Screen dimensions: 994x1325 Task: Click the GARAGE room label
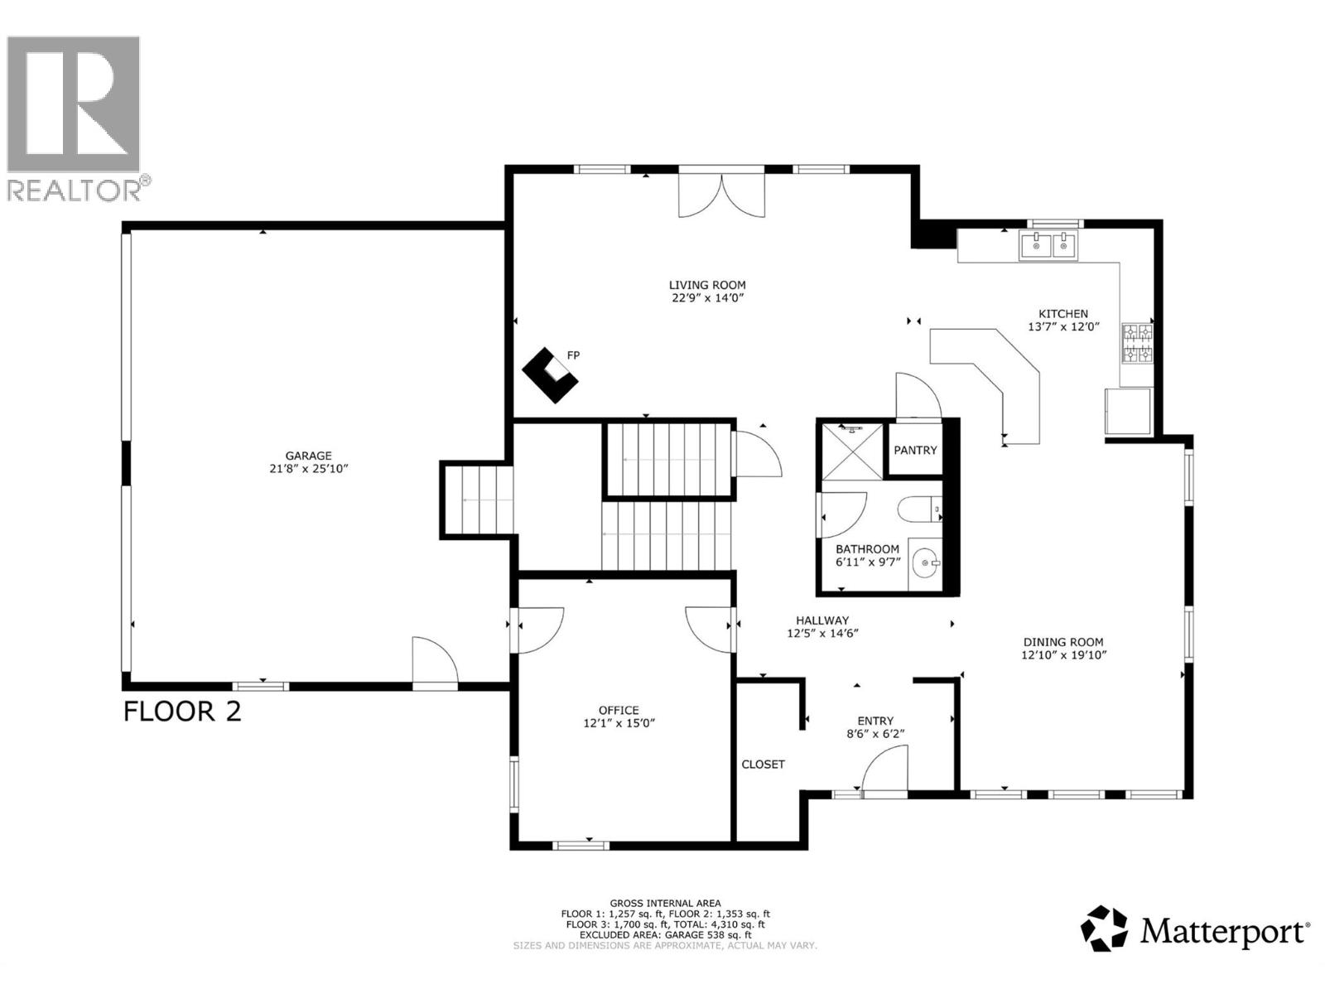coord(308,456)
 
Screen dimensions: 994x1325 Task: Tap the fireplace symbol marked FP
coord(550,374)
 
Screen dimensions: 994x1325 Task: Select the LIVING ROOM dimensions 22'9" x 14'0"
coord(707,298)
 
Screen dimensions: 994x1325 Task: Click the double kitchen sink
coord(1048,245)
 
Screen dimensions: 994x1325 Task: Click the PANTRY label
coord(915,450)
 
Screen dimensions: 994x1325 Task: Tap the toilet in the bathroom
coord(921,508)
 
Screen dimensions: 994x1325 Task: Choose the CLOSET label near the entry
coord(763,764)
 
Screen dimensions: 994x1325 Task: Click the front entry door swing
coord(884,770)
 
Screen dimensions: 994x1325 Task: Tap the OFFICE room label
coord(619,710)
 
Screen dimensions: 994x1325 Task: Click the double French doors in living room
coord(721,194)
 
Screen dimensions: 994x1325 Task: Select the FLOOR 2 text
coord(182,712)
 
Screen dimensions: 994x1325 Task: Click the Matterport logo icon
coord(1104,929)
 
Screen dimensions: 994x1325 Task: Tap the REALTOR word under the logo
coord(75,190)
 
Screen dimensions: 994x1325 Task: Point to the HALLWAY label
coord(822,620)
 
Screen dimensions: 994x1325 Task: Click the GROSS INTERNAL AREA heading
coord(665,903)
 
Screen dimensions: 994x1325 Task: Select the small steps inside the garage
coord(477,500)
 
